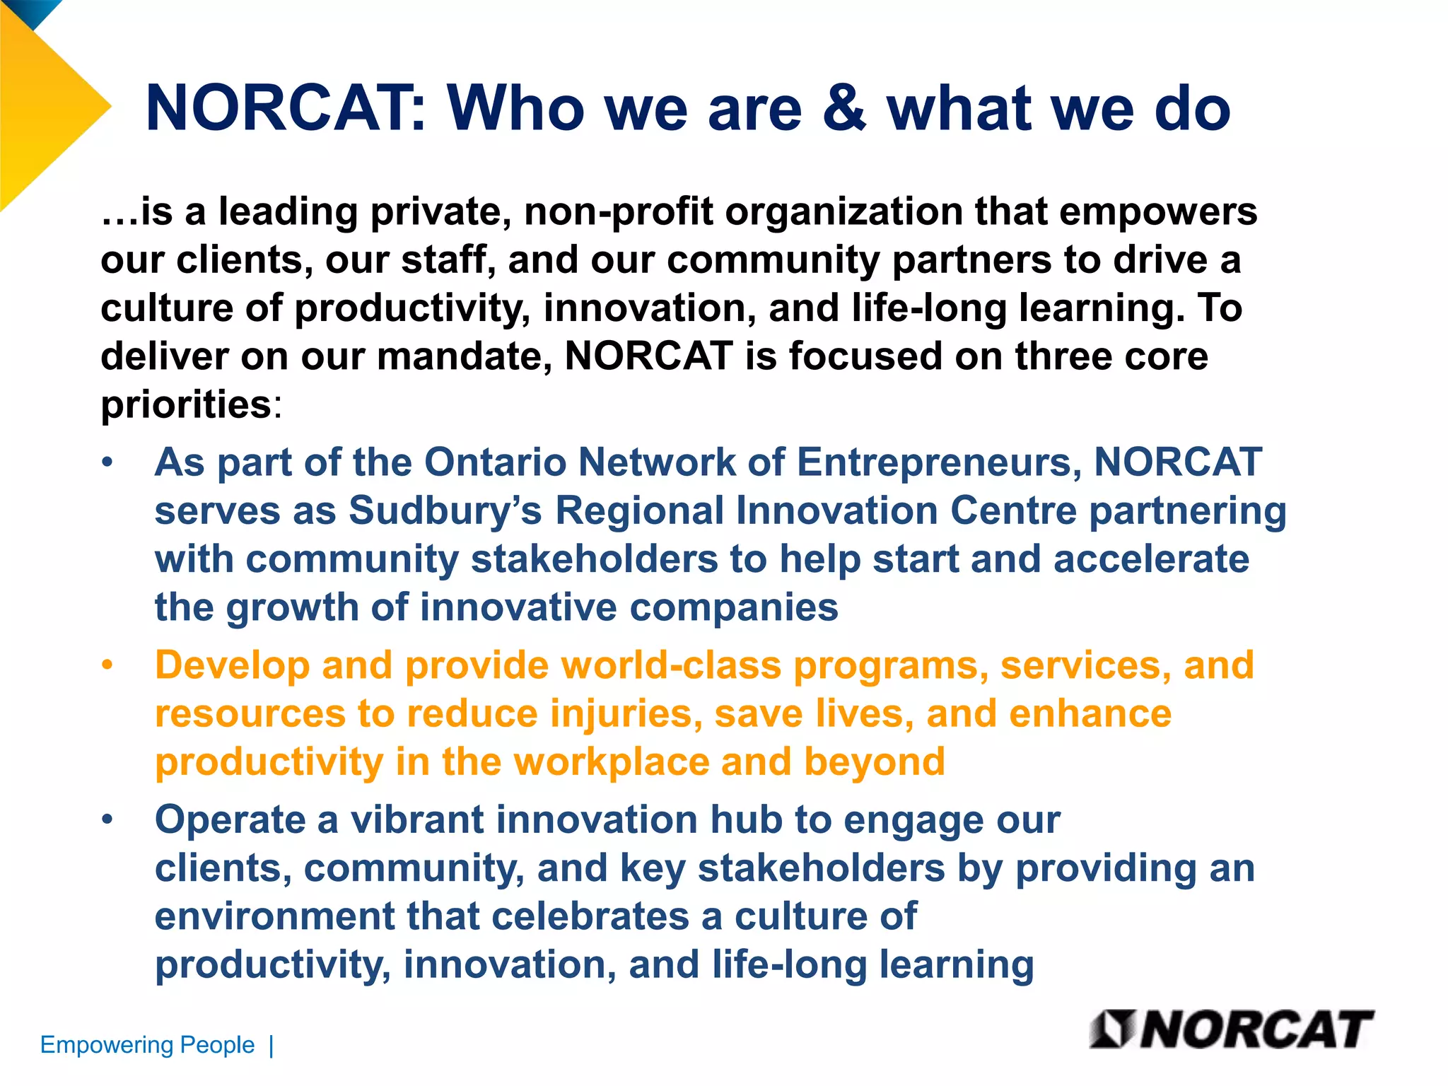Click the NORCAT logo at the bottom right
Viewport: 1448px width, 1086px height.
pos(1232,1029)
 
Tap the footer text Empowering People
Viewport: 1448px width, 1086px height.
pos(147,1044)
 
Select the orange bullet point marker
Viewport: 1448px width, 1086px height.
pos(107,665)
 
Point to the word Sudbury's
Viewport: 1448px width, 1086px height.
pos(445,510)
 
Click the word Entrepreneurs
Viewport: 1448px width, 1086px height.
pos(939,462)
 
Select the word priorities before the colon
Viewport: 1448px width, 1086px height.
pos(186,404)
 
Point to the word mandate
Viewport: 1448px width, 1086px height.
pos(463,356)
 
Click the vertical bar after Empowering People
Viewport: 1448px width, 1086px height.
pos(271,1045)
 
